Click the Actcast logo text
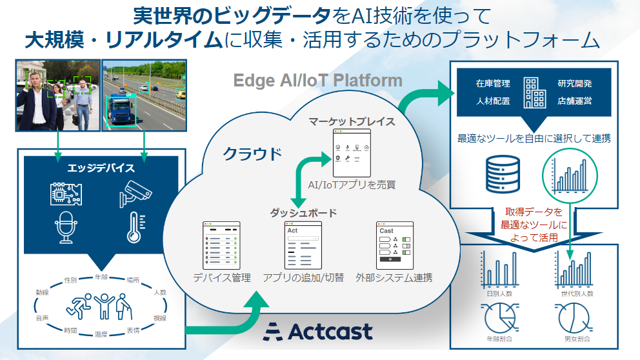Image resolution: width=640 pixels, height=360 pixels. pyautogui.click(x=319, y=331)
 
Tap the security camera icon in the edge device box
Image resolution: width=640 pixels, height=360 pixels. pyautogui.click(x=134, y=190)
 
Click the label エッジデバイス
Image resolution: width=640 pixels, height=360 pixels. pyautogui.click(x=101, y=168)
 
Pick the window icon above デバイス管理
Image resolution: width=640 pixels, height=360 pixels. pyautogui.click(x=222, y=245)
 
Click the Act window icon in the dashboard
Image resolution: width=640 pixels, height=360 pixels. pyautogui.click(x=303, y=245)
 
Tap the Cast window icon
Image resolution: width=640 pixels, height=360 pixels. pyautogui.click(x=394, y=245)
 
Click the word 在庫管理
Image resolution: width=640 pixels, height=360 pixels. pyautogui.click(x=493, y=84)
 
